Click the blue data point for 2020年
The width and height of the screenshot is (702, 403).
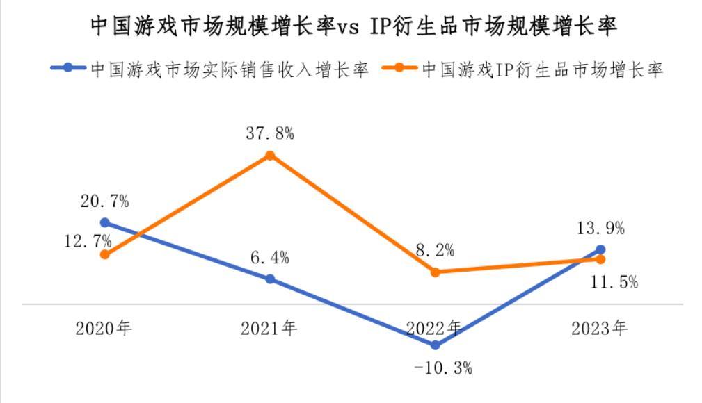tap(105, 222)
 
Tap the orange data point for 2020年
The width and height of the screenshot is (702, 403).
tap(105, 254)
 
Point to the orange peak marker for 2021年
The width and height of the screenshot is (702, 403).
tap(271, 155)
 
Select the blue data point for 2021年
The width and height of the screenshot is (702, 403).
tap(271, 279)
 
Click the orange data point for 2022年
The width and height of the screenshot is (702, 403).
tap(436, 272)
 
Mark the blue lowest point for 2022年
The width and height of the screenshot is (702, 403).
tap(436, 345)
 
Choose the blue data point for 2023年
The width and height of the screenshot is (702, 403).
tap(600, 249)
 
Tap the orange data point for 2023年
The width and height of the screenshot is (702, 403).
tap(600, 259)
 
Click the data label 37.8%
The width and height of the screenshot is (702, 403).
tap(270, 133)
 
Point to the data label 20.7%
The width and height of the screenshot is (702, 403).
tap(104, 201)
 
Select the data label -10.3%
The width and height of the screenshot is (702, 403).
tap(443, 368)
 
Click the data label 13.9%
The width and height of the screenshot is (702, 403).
tap(600, 228)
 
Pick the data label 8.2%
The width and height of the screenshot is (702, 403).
tap(436, 251)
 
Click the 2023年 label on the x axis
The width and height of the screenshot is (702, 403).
tap(599, 328)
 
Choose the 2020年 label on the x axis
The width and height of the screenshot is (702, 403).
tap(104, 328)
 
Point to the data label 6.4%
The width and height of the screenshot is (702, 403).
tap(271, 258)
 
